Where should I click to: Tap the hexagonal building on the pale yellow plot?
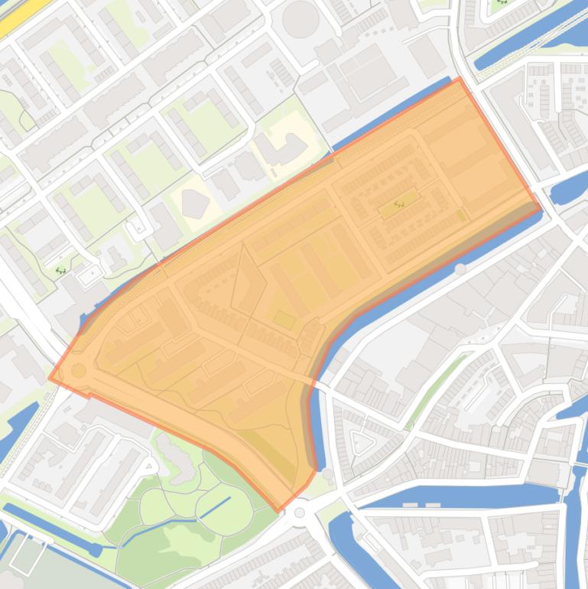[x=195, y=203]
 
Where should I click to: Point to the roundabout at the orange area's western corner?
[x=78, y=370]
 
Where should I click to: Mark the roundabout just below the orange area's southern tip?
[x=300, y=513]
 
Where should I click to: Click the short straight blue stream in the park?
[x=215, y=506]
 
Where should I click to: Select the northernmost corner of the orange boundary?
[x=459, y=78]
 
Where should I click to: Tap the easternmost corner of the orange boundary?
[x=541, y=207]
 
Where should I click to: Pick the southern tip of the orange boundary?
[x=278, y=511]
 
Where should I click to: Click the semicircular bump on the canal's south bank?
[x=460, y=269]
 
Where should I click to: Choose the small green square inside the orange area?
[x=284, y=319]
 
